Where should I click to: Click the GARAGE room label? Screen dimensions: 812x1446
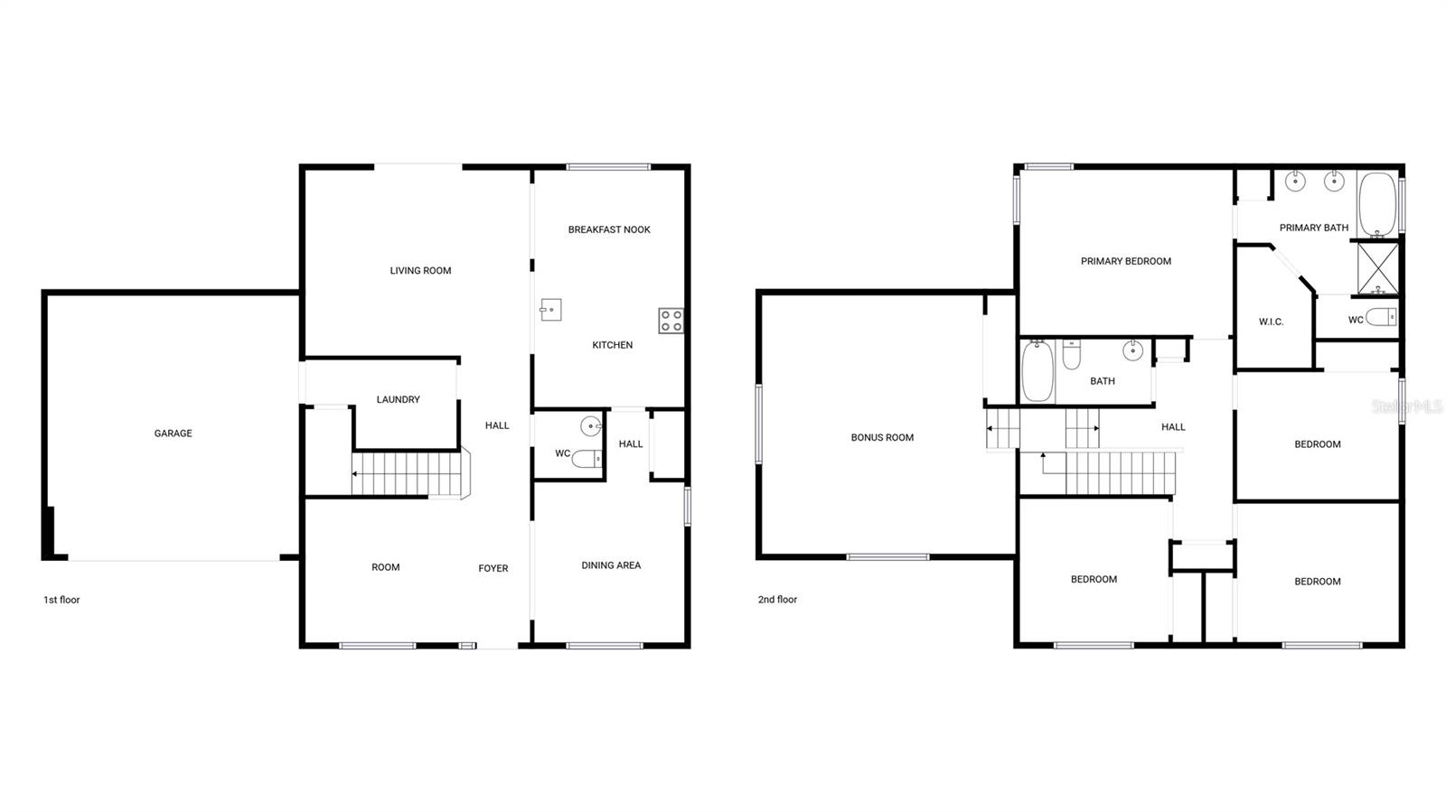pyautogui.click(x=173, y=434)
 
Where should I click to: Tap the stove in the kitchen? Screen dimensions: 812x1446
pyautogui.click(x=671, y=321)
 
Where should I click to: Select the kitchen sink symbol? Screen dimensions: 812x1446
pyautogui.click(x=550, y=310)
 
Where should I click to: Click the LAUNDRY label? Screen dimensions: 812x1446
pyautogui.click(x=398, y=399)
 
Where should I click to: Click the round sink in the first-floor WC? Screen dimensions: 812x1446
pyautogui.click(x=591, y=425)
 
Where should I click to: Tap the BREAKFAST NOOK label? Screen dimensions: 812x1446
pyautogui.click(x=609, y=229)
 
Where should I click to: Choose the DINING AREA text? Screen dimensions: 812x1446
pyautogui.click(x=611, y=565)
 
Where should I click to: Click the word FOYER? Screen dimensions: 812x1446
pyautogui.click(x=493, y=568)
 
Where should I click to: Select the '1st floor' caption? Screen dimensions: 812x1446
pyautogui.click(x=61, y=600)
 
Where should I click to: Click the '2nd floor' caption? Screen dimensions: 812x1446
pyautogui.click(x=777, y=600)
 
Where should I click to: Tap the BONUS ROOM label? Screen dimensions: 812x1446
pyautogui.click(x=882, y=437)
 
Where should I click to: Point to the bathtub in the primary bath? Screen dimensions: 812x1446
pyautogui.click(x=1377, y=202)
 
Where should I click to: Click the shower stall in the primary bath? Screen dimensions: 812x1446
pyautogui.click(x=1377, y=268)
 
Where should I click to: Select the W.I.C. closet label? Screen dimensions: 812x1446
pyautogui.click(x=1271, y=322)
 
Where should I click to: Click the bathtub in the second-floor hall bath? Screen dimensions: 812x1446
pyautogui.click(x=1038, y=371)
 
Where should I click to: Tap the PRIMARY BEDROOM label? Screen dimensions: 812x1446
pyautogui.click(x=1126, y=261)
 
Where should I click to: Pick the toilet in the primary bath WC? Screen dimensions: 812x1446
pyautogui.click(x=1381, y=317)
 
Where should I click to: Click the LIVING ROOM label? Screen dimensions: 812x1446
pyautogui.click(x=420, y=270)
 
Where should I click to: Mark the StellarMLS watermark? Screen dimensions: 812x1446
pyautogui.click(x=1407, y=407)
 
